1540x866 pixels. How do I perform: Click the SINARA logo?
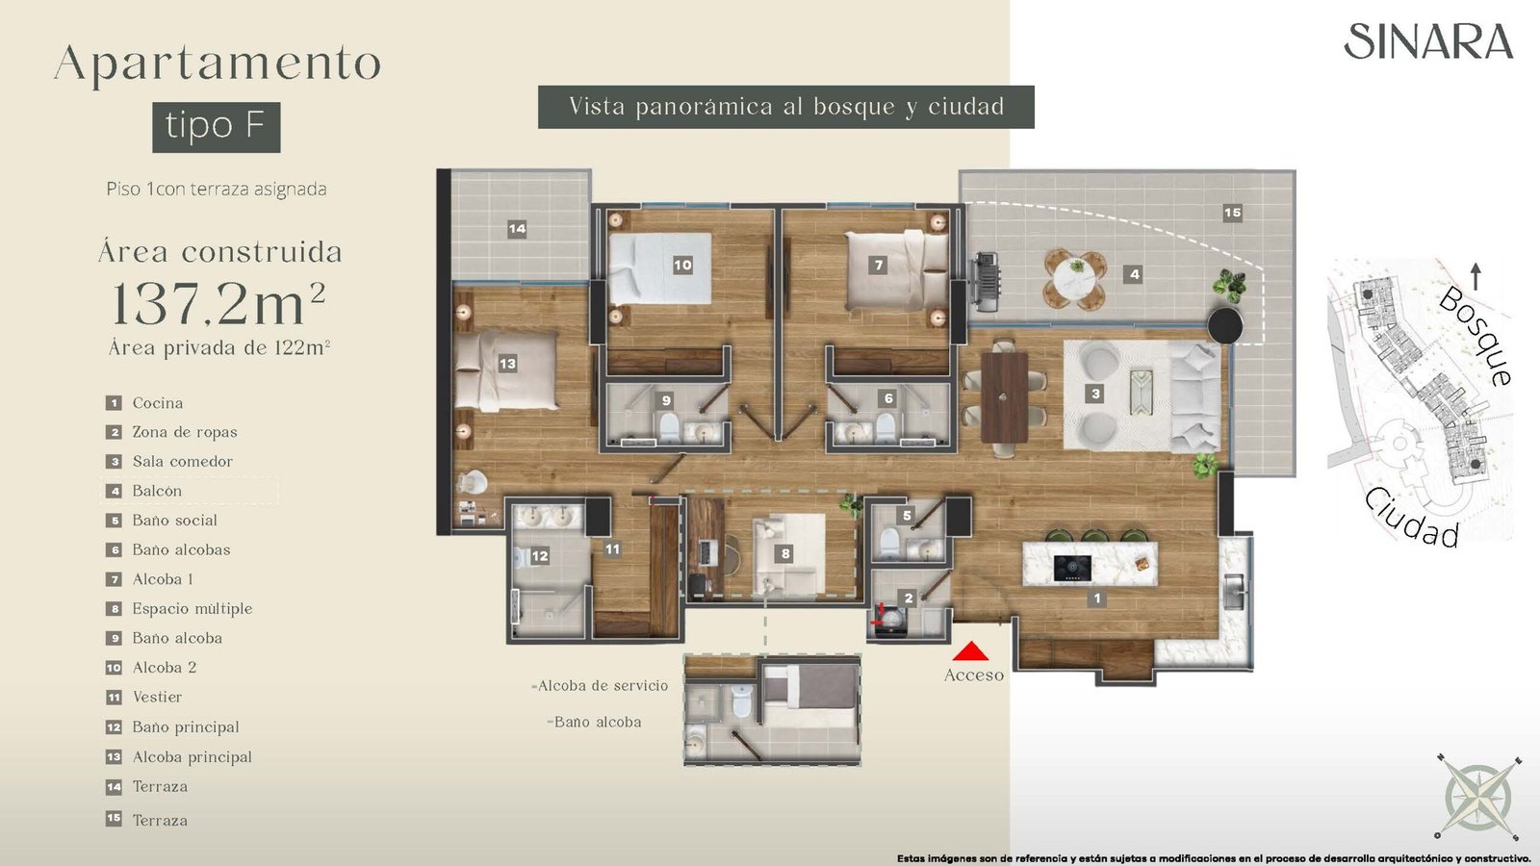[1428, 41]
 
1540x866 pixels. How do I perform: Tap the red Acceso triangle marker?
[971, 651]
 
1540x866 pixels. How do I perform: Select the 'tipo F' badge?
[217, 127]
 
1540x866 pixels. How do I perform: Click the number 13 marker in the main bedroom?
[507, 364]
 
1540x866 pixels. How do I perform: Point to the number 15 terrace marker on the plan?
[1233, 213]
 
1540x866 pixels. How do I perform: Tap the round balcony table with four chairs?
[1074, 279]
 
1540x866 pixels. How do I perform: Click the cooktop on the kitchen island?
[1072, 569]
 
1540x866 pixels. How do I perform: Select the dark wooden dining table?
[1005, 397]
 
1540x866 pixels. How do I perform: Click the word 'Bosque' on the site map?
[1474, 336]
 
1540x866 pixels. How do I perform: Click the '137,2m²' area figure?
[218, 303]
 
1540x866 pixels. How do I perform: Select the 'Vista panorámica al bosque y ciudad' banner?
[785, 107]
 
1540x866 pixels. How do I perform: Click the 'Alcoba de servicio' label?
[602, 685]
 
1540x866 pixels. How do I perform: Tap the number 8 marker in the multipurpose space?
[785, 553]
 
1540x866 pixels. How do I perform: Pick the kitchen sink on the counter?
[1233, 591]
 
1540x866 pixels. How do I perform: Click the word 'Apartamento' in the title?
[218, 64]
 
